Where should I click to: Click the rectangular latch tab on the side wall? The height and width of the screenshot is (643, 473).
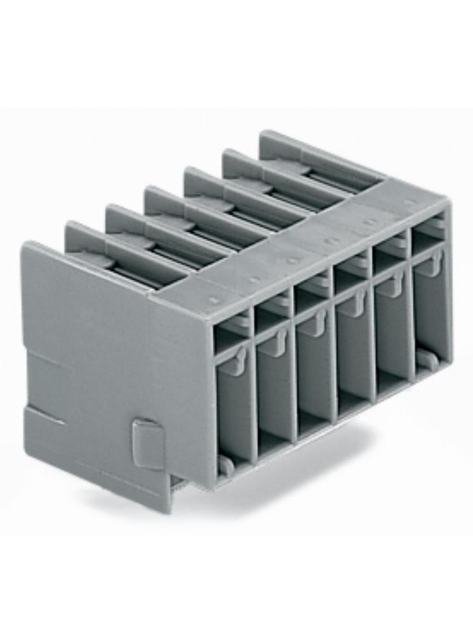(148, 443)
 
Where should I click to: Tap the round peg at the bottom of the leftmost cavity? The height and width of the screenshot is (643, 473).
(226, 464)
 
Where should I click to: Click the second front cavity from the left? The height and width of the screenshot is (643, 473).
(274, 386)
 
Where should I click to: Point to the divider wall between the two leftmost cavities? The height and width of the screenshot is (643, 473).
(253, 386)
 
